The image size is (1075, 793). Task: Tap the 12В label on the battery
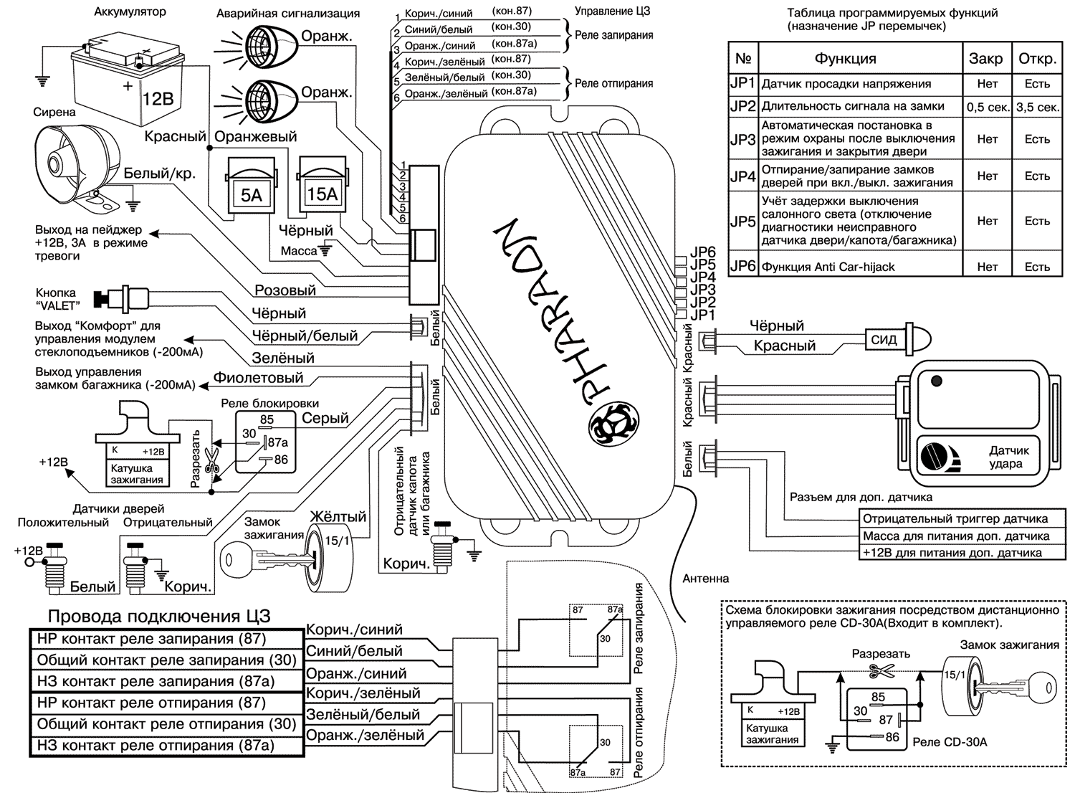(158, 98)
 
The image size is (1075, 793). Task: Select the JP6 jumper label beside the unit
(702, 252)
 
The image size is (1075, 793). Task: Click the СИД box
(884, 339)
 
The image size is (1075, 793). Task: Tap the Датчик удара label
(1008, 457)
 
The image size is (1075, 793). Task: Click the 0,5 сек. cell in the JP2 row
(987, 107)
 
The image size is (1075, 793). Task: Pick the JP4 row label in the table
(742, 176)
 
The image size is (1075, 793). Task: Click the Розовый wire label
(285, 290)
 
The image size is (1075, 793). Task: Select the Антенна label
(705, 579)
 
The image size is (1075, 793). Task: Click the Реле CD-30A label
(950, 742)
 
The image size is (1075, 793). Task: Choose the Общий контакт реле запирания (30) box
(166, 660)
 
